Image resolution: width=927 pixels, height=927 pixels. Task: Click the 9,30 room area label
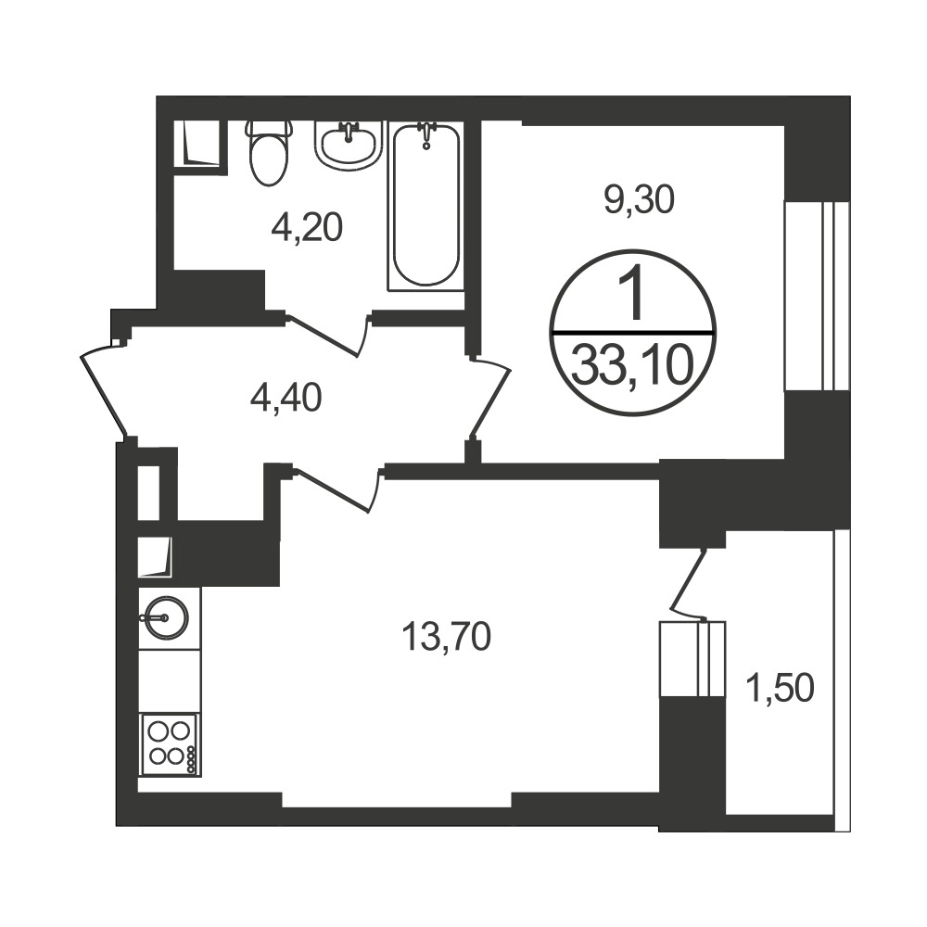tap(639, 201)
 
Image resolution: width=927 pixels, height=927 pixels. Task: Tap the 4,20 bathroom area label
tap(307, 228)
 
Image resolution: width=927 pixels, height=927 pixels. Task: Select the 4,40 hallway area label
tap(286, 398)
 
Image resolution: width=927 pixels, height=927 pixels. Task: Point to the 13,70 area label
tap(447, 638)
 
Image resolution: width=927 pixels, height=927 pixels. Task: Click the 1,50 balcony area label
tap(781, 689)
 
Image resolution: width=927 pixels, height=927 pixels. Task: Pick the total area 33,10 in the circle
tap(632, 365)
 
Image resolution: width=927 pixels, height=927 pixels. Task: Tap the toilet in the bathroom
tap(270, 153)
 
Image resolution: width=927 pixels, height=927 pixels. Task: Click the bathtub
tap(426, 206)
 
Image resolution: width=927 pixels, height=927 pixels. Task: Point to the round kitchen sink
tap(166, 618)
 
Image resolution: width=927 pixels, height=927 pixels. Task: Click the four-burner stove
tap(169, 744)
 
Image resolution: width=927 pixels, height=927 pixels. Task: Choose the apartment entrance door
tap(104, 391)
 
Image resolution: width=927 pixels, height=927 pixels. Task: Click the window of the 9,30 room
tap(817, 297)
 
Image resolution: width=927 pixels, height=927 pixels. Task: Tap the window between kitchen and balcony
tap(692, 659)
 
